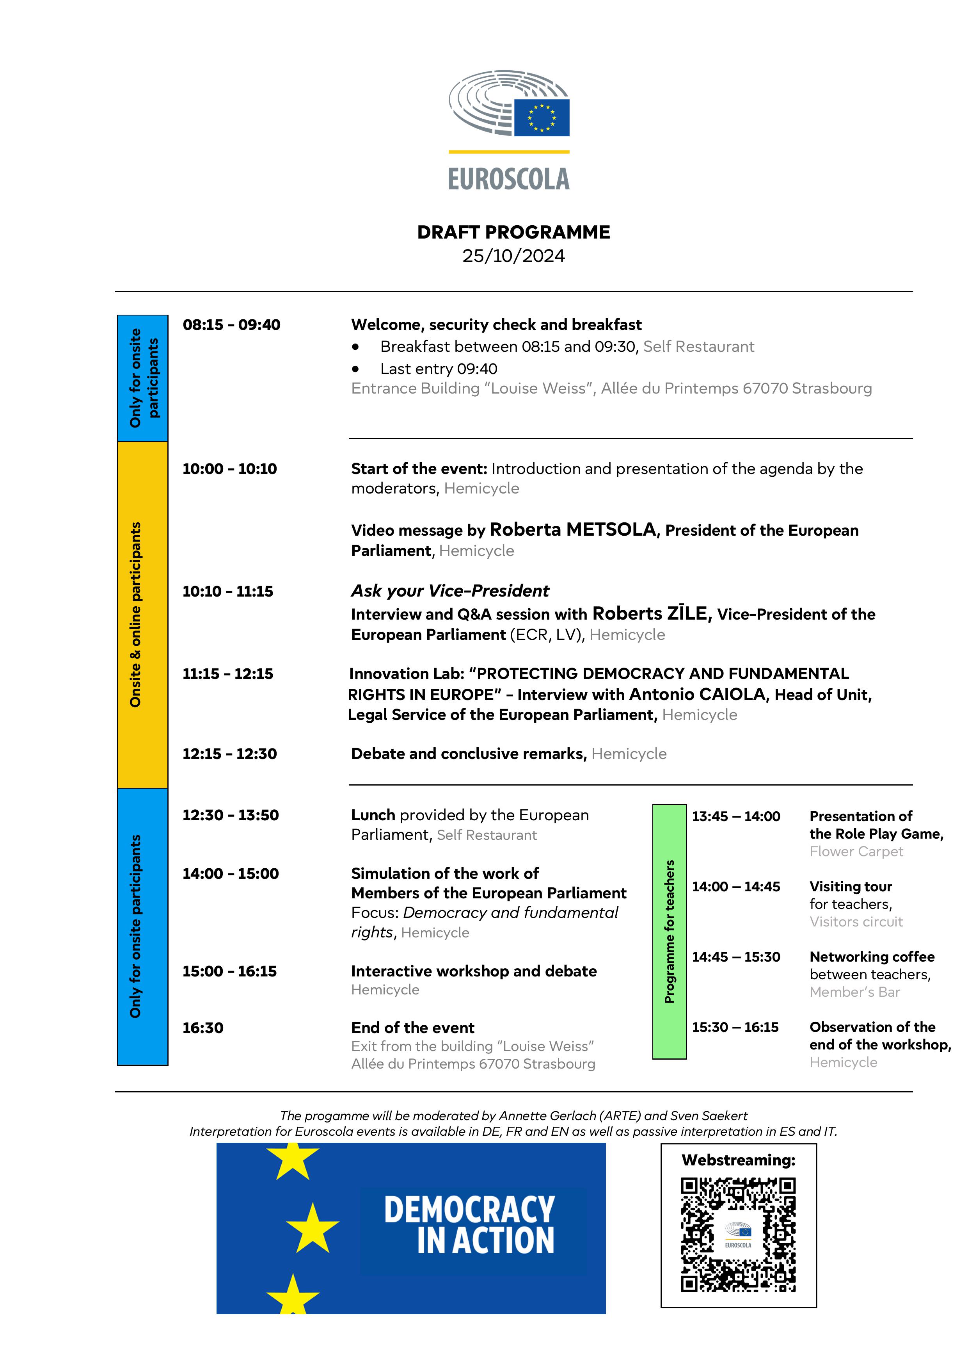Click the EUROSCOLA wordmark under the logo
pyautogui.click(x=509, y=179)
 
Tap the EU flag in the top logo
pyautogui.click(x=542, y=118)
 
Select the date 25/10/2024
pyautogui.click(x=513, y=256)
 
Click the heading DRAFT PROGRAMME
pyautogui.click(x=513, y=232)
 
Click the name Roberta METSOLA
pyautogui.click(x=573, y=529)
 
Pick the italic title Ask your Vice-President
pyautogui.click(x=450, y=591)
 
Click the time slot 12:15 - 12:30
pyautogui.click(x=230, y=754)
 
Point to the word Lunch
pyautogui.click(x=373, y=815)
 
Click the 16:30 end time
pyautogui.click(x=203, y=1028)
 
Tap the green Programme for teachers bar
pyautogui.click(x=669, y=932)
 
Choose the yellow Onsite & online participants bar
pyautogui.click(x=142, y=615)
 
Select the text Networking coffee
pyautogui.click(x=871, y=957)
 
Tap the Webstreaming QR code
pyautogui.click(x=738, y=1235)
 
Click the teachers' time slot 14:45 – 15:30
pyautogui.click(x=735, y=957)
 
